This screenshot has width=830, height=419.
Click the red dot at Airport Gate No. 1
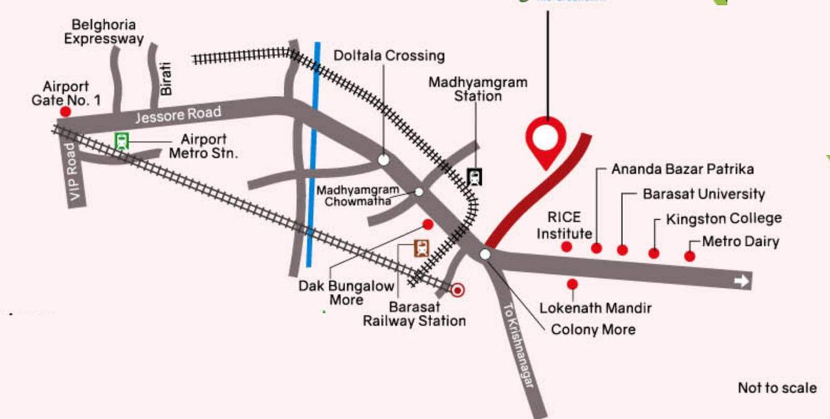[x=65, y=112]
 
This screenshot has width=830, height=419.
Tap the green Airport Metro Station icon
[x=121, y=141]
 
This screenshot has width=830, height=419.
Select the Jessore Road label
[x=178, y=115]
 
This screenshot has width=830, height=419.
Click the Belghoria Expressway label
[x=104, y=32]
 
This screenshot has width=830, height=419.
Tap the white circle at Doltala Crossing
[x=384, y=160]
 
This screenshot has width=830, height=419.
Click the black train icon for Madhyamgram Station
[x=475, y=178]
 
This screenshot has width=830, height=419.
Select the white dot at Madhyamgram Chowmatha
[x=419, y=192]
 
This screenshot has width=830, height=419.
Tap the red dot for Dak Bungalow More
[x=427, y=224]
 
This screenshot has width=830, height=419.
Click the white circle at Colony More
[x=485, y=254]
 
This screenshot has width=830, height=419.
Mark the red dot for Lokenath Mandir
[x=572, y=284]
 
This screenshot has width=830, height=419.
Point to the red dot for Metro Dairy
[x=690, y=256]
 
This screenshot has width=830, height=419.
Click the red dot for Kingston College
[x=654, y=253]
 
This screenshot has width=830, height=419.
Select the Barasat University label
[x=703, y=194]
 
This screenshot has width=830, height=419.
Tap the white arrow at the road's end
[x=741, y=282]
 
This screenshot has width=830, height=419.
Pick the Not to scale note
[x=777, y=388]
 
